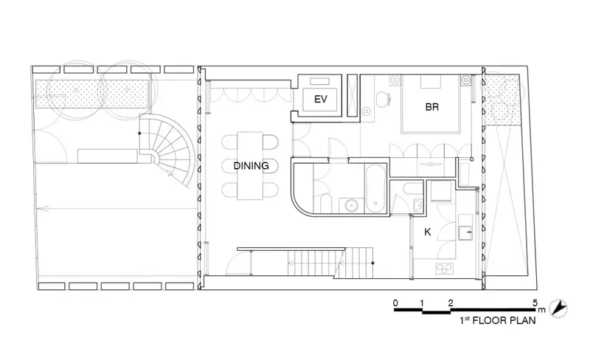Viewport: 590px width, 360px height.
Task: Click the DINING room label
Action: [251, 166]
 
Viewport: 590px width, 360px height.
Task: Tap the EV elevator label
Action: [321, 100]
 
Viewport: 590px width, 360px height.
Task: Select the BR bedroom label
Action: [432, 107]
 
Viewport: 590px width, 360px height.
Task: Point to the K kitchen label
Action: [428, 232]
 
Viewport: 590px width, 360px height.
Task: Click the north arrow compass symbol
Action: [558, 308]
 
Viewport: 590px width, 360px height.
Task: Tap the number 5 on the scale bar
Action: [535, 302]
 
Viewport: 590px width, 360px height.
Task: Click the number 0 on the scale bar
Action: [395, 302]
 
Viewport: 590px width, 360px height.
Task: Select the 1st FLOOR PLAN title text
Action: [497, 320]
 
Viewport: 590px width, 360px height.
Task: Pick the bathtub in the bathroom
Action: [375, 188]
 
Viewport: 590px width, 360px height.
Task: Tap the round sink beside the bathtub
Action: [352, 206]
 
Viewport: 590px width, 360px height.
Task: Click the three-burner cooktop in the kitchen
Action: [445, 268]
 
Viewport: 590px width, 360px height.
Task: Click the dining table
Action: [250, 166]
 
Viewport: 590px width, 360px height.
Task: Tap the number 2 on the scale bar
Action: [451, 302]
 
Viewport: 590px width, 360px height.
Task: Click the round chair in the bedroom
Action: [383, 98]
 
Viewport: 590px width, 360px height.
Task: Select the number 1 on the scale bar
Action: [422, 302]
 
